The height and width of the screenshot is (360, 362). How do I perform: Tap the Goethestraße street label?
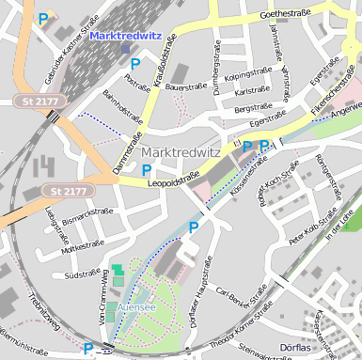pos(283,14)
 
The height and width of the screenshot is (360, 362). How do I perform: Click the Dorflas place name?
pos(300,348)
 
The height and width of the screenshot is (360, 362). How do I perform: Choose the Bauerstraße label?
pos(185,86)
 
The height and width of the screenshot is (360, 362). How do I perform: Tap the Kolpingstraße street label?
pos(249,72)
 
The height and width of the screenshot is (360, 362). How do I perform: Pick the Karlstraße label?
pos(252,92)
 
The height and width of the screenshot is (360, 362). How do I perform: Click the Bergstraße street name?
pos(253,109)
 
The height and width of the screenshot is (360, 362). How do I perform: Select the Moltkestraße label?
pos(79,249)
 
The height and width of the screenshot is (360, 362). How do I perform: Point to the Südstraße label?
pos(82,276)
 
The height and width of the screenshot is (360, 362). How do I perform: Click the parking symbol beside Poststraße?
pos(135,64)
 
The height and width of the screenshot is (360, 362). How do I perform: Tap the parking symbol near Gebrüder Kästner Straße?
pos(42,18)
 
